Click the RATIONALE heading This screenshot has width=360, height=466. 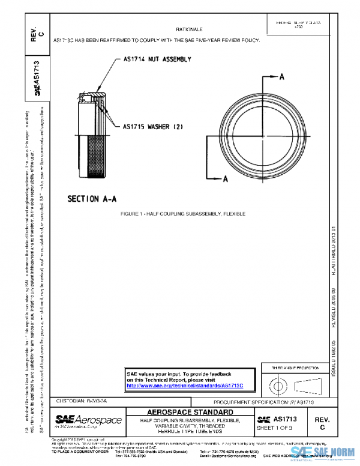tap(190, 29)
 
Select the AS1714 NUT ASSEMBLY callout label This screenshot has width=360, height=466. tap(157, 59)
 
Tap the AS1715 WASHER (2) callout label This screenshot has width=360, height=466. tap(152, 127)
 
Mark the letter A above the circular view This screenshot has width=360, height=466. tap(281, 77)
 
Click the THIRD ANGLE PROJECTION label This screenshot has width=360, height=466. tap(293, 366)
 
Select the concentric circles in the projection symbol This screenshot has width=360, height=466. tap(277, 383)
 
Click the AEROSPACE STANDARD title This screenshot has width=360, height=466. tap(190, 412)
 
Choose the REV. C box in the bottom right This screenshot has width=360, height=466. tap(322, 423)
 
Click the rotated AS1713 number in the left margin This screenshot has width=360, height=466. tap(37, 73)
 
